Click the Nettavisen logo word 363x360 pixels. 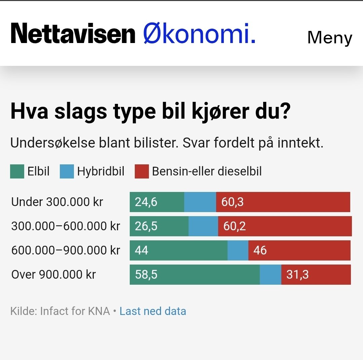(73, 34)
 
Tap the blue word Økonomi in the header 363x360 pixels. (199, 34)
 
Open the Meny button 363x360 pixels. (329, 38)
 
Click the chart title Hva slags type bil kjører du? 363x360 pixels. (150, 112)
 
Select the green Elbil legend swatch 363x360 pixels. (17, 171)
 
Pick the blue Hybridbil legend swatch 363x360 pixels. (67, 171)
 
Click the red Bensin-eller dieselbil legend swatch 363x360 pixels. (142, 171)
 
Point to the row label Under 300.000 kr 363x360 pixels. (57, 202)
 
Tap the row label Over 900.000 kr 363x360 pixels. (53, 275)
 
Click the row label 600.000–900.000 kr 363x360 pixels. (66, 250)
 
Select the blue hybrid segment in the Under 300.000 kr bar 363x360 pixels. (200, 202)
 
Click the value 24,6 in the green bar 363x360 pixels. (146, 202)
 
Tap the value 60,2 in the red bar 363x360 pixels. (234, 226)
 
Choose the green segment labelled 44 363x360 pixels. (178, 250)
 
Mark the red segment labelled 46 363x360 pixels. (299, 250)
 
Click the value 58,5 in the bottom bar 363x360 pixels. (146, 275)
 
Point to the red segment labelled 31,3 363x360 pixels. (316, 275)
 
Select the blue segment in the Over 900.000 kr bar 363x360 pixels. (270, 275)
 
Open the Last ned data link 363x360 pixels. (153, 311)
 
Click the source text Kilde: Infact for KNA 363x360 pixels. (60, 311)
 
